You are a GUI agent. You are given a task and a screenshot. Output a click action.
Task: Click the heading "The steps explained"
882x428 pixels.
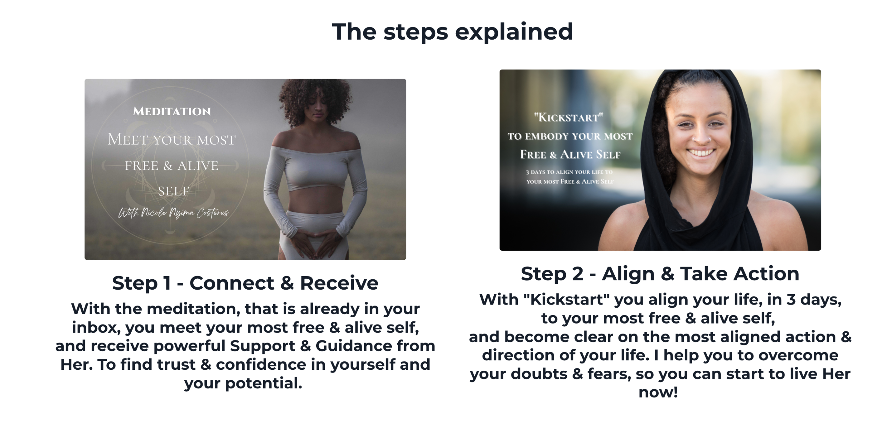click(452, 32)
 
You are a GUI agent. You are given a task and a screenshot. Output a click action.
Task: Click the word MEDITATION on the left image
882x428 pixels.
click(172, 111)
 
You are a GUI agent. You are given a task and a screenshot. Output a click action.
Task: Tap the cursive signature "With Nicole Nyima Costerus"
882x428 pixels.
click(173, 212)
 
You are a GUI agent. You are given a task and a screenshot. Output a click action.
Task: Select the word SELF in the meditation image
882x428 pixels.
click(174, 191)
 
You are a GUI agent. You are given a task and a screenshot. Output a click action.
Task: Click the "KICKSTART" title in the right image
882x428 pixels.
click(568, 117)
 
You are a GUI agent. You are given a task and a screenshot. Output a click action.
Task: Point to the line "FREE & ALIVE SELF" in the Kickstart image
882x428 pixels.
click(570, 154)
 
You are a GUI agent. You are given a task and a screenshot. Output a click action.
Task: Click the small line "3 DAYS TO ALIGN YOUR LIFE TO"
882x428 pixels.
click(569, 172)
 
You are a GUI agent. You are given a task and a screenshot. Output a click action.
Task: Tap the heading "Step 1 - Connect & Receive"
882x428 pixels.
click(245, 283)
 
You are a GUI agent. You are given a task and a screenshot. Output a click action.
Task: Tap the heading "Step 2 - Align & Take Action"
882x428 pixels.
click(660, 274)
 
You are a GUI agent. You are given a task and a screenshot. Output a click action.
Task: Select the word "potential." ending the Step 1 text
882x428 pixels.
click(264, 384)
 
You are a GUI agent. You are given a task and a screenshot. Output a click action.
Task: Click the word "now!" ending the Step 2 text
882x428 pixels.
click(658, 392)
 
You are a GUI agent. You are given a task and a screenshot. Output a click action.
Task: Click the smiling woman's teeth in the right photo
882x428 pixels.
click(701, 152)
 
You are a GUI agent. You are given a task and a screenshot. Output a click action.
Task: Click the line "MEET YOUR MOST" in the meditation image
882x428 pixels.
click(172, 139)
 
